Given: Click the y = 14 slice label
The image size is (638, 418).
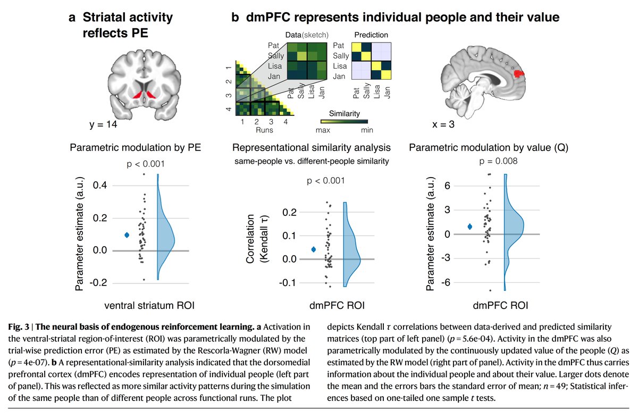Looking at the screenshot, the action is tap(103, 124).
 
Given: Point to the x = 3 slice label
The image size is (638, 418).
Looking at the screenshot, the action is tap(443, 124).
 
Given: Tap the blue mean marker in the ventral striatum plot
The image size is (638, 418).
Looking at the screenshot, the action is tap(127, 235).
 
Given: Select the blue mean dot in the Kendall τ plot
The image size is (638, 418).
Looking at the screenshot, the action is tap(314, 249).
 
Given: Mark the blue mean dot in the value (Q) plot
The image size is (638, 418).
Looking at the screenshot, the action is tap(469, 227).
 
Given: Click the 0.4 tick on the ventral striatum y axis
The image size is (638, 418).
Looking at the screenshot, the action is tap(100, 185).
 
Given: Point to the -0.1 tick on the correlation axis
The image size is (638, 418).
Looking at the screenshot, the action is tap(288, 283).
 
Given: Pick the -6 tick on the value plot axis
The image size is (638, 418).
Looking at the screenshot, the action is tap(445, 282).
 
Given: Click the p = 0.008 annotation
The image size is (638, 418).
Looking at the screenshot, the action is tap(498, 161).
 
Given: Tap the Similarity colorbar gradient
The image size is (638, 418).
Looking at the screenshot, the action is tap(344, 121).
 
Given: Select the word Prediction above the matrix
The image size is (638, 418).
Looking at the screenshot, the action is tap(371, 35).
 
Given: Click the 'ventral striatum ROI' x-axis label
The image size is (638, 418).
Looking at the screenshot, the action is tap(149, 305).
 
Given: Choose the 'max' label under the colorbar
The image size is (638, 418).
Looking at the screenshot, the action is tap(323, 130).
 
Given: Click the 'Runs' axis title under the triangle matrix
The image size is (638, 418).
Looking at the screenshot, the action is tap(264, 130).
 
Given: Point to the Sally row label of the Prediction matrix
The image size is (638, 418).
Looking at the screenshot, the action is tap(341, 56).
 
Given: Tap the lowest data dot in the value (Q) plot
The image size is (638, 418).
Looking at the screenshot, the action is tap(490, 290).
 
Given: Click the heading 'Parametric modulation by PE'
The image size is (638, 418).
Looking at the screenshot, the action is tap(135, 148).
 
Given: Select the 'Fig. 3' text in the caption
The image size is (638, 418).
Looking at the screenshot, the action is tap(19, 327).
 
